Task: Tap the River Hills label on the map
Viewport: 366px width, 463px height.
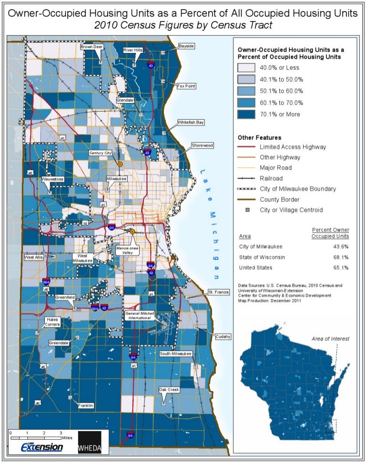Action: coord(133,50)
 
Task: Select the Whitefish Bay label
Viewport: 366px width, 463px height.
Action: coord(191,123)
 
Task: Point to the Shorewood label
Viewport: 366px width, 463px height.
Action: coord(202,145)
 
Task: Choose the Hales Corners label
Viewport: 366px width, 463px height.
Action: coord(52,322)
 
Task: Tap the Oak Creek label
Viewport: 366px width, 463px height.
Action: coord(169,390)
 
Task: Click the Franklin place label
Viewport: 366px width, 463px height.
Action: coord(86,406)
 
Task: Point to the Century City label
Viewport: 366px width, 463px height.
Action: coord(100,153)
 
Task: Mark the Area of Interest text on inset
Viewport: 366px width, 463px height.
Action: coord(330,338)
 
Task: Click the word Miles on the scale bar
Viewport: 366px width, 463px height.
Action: coord(66,437)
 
